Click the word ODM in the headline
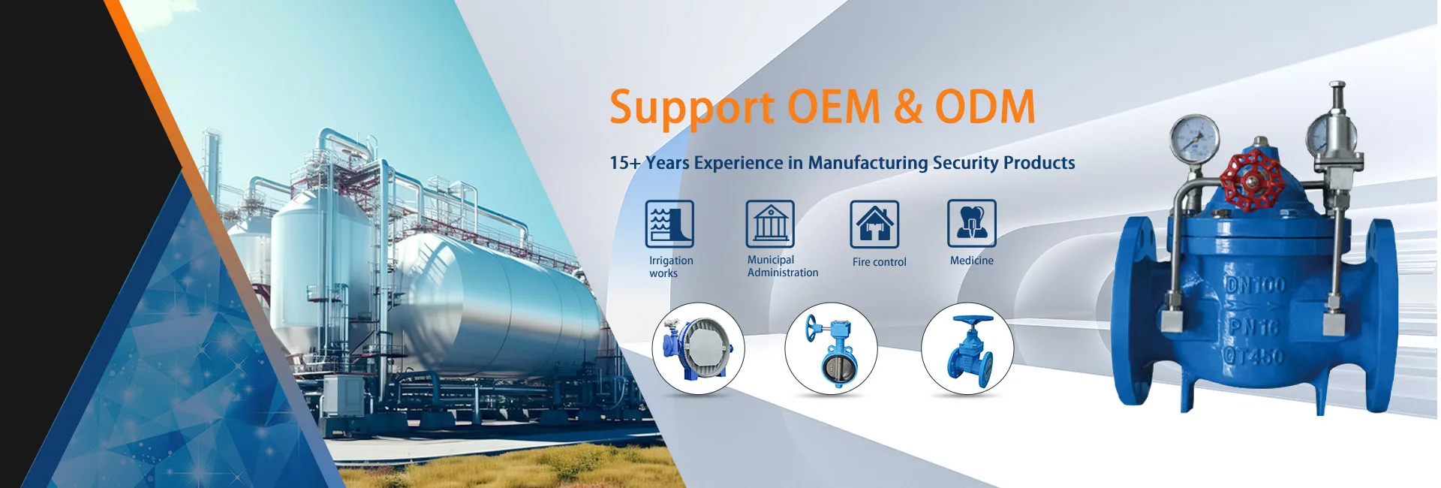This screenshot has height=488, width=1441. click(x=985, y=107)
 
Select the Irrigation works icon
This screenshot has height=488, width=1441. click(x=669, y=224)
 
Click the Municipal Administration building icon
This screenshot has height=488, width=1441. click(x=770, y=224)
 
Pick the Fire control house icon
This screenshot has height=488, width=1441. click(x=874, y=224)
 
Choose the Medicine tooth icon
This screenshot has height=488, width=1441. click(x=972, y=223)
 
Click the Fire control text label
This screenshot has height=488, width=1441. click(x=879, y=262)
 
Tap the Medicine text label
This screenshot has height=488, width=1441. click(x=972, y=261)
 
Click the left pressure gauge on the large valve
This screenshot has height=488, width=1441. click(x=1194, y=139)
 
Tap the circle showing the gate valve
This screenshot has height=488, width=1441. click(x=967, y=348)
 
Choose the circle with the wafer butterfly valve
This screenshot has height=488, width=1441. click(x=831, y=348)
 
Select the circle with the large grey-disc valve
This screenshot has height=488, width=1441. click(x=698, y=348)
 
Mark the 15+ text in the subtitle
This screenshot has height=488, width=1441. click(x=625, y=163)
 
